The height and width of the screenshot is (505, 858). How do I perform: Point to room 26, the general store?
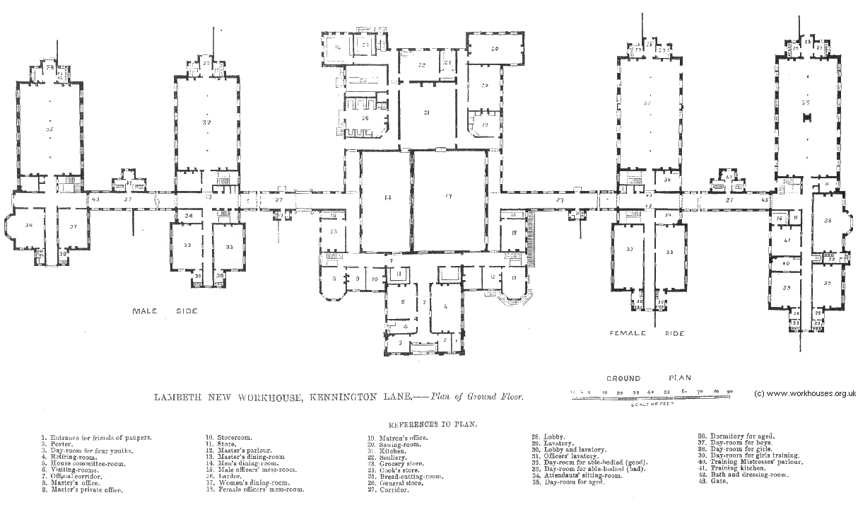coord(365,118)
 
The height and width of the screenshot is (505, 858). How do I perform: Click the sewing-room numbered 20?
coord(495,49)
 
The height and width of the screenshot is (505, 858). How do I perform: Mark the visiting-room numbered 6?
coord(445,306)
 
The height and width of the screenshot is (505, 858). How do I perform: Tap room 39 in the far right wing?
coord(785,289)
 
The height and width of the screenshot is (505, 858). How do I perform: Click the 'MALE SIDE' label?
coord(165,310)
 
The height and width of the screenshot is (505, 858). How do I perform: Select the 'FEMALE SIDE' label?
coord(647,332)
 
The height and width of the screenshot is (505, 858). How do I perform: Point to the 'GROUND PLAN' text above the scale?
coord(647,378)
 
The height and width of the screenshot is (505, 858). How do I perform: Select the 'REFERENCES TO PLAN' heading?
coord(432,426)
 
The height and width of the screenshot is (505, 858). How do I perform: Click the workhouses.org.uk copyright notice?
coord(805,394)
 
